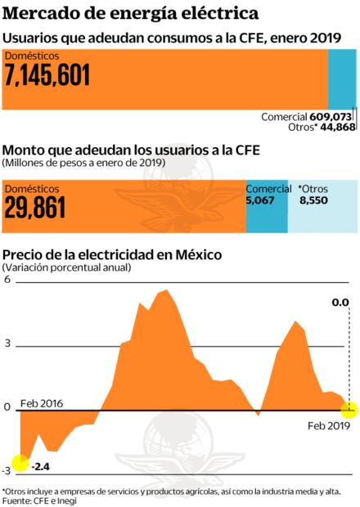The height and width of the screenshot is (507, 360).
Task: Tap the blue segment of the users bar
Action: coord(341,76)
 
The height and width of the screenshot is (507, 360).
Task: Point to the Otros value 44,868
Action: coord(336,128)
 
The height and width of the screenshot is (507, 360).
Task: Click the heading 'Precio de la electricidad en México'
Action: coord(111,254)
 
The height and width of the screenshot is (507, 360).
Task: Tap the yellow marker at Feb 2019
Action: coord(349,408)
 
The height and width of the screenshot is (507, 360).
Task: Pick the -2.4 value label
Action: coord(40,467)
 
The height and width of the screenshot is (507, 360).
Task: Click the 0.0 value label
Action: coord(340,302)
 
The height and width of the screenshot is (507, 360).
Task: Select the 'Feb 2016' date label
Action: coord(41,403)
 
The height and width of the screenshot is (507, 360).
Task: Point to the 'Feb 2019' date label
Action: coord(328,426)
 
